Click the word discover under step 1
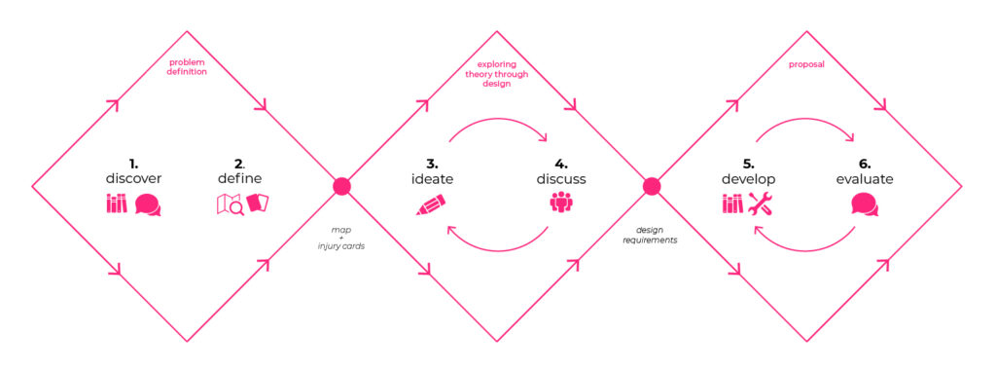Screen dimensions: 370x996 [x=133, y=178]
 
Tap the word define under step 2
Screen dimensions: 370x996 [x=239, y=178]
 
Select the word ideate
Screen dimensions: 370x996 [x=431, y=179]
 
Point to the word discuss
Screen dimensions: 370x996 [x=561, y=179]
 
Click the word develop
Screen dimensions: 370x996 [x=746, y=179]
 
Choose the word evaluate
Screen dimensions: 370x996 [x=864, y=179]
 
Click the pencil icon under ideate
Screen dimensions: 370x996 [x=430, y=205]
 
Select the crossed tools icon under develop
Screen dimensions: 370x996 [x=761, y=203]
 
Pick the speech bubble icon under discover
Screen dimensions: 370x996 [x=148, y=204]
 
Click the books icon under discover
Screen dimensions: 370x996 [x=117, y=203]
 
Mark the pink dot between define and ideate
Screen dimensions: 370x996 [x=341, y=186]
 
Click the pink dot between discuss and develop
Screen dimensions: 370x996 [x=652, y=186]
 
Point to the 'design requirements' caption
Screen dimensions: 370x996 [x=650, y=236]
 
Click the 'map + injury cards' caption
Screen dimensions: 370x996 [x=340, y=239]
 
